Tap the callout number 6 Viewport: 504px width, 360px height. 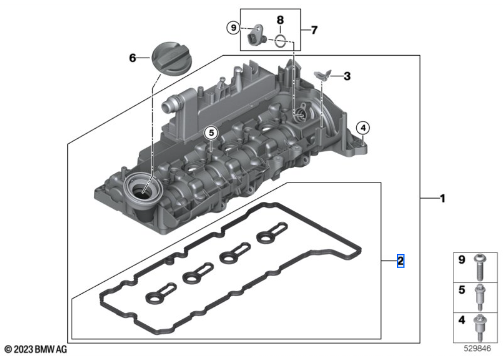coord(133,58)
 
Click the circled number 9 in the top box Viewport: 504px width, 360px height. coord(232,28)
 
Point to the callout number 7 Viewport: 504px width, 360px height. coord(314,30)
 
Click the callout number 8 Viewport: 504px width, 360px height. coord(280,20)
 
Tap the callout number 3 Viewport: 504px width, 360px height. coord(347,76)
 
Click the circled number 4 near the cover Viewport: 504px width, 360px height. coord(363,128)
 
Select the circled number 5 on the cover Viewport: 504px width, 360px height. coord(212,133)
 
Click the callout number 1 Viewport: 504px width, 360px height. coord(442,199)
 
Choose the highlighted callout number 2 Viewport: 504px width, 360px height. coord(400,261)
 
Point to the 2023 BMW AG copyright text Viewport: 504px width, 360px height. coord(35,349)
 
